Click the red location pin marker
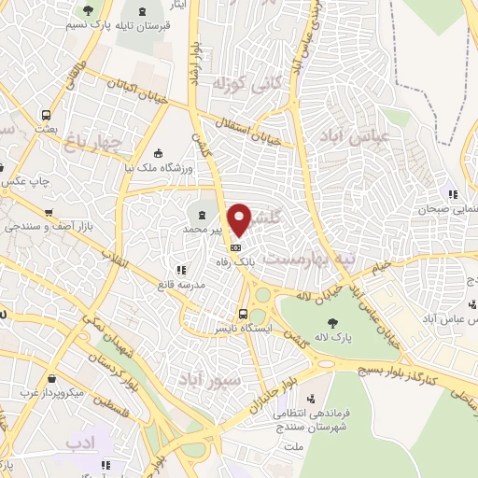pos(241,218)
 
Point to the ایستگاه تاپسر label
pos(243,330)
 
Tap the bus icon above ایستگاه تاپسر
pos(243,315)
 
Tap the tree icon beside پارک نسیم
pos(88,11)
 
